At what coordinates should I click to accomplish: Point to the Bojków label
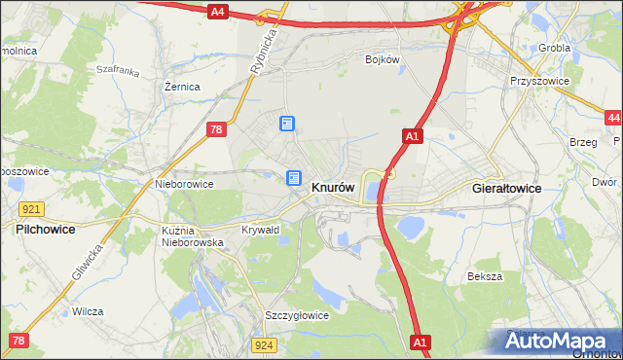coord(383,59)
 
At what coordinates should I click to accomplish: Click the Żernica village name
coord(182,87)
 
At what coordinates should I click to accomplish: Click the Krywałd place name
coord(260,231)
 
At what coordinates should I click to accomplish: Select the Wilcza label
coord(88,312)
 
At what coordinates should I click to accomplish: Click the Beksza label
coord(485,276)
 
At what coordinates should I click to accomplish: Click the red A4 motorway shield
coord(218,12)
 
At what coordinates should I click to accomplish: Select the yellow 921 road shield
coord(29,209)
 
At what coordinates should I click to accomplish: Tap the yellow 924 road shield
coord(263,345)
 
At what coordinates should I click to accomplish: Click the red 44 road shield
coord(612,118)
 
